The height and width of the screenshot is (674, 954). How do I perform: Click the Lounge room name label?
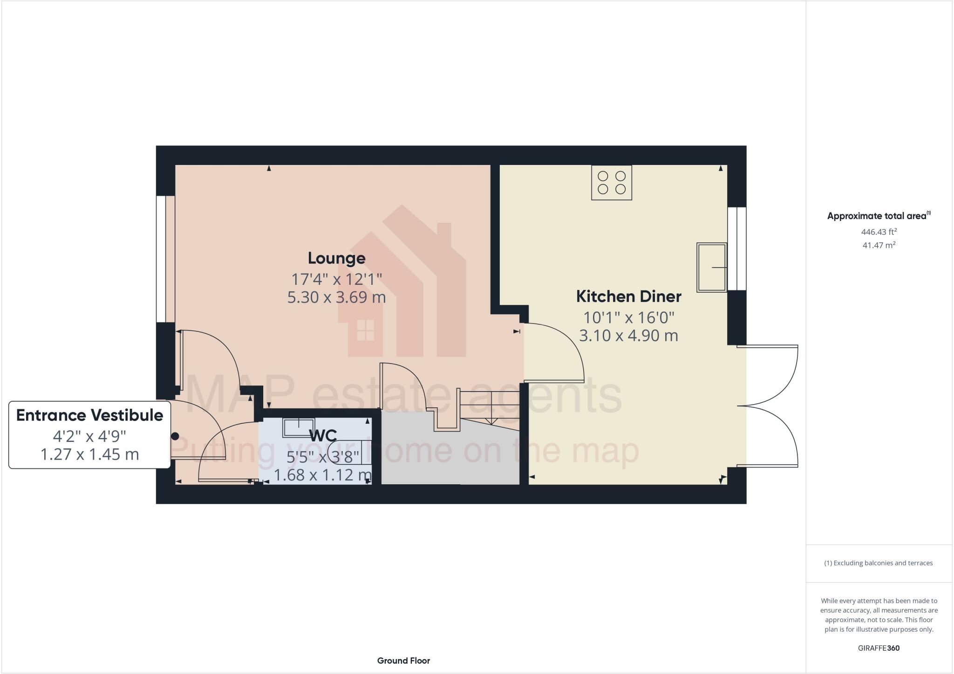[336, 258]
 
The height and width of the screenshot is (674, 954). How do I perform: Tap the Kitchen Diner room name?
[628, 296]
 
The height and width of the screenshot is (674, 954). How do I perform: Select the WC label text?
[323, 436]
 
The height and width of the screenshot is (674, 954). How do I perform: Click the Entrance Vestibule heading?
[89, 415]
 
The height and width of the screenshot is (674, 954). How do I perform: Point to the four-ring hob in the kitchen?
[611, 183]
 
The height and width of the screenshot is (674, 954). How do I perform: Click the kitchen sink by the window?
[711, 268]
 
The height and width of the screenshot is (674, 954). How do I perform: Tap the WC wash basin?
[299, 427]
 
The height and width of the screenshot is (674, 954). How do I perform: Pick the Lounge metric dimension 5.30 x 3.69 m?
[336, 297]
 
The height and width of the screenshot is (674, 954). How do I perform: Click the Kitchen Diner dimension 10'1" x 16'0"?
[628, 318]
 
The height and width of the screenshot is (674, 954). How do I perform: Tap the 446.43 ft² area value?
[879, 232]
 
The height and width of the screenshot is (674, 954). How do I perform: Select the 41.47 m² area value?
[879, 245]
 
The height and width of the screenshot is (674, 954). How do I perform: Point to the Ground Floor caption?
[403, 660]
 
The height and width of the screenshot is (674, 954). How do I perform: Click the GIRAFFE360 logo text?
[879, 648]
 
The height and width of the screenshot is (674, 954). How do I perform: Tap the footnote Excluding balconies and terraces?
[879, 563]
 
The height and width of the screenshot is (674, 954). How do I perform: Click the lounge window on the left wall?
[161, 259]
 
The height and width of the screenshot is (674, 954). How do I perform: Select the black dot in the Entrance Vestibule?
[175, 436]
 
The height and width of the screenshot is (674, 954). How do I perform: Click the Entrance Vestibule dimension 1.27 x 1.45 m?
[89, 454]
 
